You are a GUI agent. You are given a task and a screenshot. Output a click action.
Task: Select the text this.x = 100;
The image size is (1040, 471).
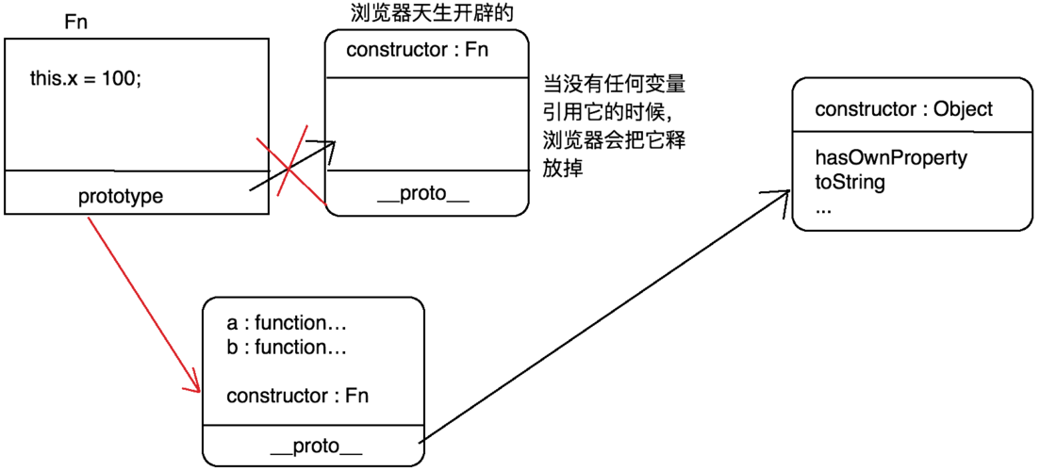[86, 79]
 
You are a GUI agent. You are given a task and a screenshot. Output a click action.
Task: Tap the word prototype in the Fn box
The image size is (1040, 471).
[120, 197]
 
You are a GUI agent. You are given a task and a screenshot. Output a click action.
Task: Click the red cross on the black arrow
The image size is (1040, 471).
[290, 162]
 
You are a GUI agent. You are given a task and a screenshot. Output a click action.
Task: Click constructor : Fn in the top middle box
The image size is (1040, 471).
[418, 49]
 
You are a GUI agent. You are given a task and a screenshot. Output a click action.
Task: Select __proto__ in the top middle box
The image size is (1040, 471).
[421, 197]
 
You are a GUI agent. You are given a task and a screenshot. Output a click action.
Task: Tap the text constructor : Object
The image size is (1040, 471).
[903, 109]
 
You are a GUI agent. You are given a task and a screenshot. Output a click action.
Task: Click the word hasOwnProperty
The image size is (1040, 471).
[891, 158]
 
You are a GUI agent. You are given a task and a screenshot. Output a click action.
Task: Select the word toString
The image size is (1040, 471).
[850, 182]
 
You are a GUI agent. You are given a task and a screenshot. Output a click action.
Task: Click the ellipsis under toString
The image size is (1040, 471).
[823, 207]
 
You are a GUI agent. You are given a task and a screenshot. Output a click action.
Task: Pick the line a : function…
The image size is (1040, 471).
[288, 324]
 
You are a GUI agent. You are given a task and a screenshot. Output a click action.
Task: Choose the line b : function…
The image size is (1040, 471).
[288, 348]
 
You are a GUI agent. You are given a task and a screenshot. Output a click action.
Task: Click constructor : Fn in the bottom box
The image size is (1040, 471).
[297, 396]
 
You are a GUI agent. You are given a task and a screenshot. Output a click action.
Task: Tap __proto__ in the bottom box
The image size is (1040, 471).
[315, 445]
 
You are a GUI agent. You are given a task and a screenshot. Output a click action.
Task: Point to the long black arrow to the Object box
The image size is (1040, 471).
[603, 316]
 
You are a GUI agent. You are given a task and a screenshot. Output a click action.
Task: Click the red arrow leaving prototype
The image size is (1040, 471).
[141, 301]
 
